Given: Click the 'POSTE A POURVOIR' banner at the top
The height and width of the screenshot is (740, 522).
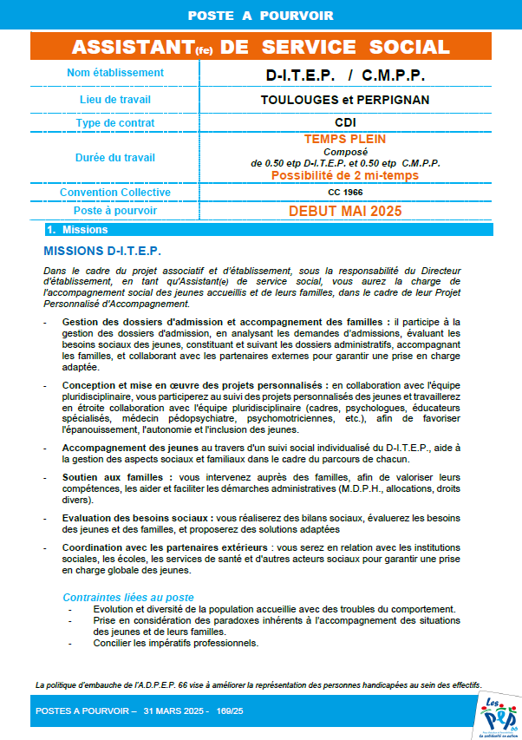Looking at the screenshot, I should (x=260, y=16).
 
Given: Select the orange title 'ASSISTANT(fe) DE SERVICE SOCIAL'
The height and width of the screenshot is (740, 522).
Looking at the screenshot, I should (x=260, y=47).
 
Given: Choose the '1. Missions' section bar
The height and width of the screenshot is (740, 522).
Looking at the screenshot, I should (x=78, y=230).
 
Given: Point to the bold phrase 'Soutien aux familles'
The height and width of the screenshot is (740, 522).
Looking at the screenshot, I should (x=116, y=477).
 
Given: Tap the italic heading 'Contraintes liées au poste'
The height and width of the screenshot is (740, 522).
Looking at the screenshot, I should (x=128, y=598).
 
